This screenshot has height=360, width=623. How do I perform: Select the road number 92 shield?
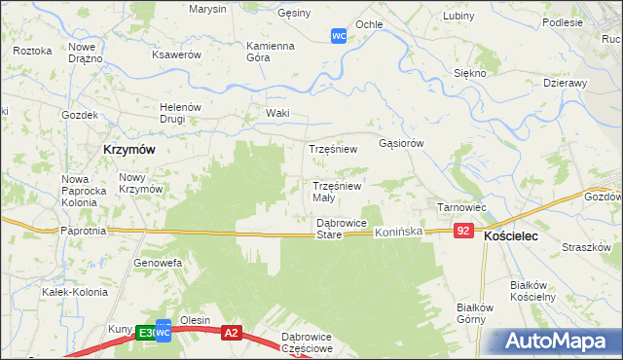pos(463,231)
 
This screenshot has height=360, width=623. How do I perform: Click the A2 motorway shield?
pos(231,333)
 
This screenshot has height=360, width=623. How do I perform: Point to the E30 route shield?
pos(146,333)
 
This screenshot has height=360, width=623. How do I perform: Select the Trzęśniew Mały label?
pos(337,191)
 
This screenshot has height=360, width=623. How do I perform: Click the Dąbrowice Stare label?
pos(328,229)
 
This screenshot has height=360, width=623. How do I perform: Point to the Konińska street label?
pos(400,233)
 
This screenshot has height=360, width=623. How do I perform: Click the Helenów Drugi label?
pos(179,113)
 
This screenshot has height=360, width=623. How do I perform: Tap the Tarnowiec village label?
pos(460,207)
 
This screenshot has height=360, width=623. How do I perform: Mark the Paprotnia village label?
pos(83,231)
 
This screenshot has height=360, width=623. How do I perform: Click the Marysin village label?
pos(208,10)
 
